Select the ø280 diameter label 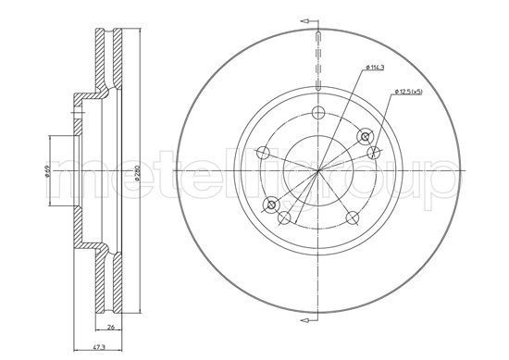click(137, 172)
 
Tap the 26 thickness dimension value click(111, 329)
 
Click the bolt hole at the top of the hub click(317, 112)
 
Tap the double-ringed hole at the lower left click(270, 204)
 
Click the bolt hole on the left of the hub click(263, 153)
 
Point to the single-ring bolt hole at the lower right click(353, 217)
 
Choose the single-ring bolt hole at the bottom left click(285, 218)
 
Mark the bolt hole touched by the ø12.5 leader click(374, 153)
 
